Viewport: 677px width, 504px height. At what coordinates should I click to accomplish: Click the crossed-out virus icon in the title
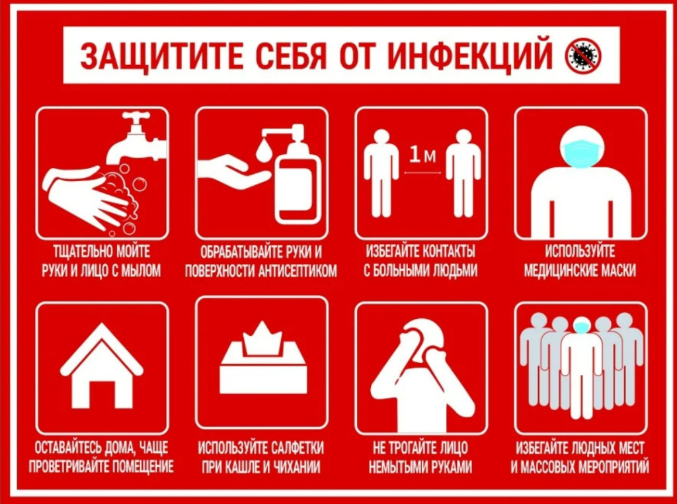[x=583, y=55]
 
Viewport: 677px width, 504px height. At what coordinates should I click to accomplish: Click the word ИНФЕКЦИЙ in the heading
[x=470, y=56]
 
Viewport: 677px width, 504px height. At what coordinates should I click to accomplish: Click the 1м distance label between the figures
[x=422, y=155]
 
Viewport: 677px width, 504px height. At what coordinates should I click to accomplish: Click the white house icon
[x=101, y=366]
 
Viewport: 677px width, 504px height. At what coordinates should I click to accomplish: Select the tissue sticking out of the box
[x=262, y=339]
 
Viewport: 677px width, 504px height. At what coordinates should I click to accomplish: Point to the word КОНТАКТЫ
[x=449, y=251]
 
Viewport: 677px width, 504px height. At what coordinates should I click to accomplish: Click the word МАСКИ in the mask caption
[x=617, y=271]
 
